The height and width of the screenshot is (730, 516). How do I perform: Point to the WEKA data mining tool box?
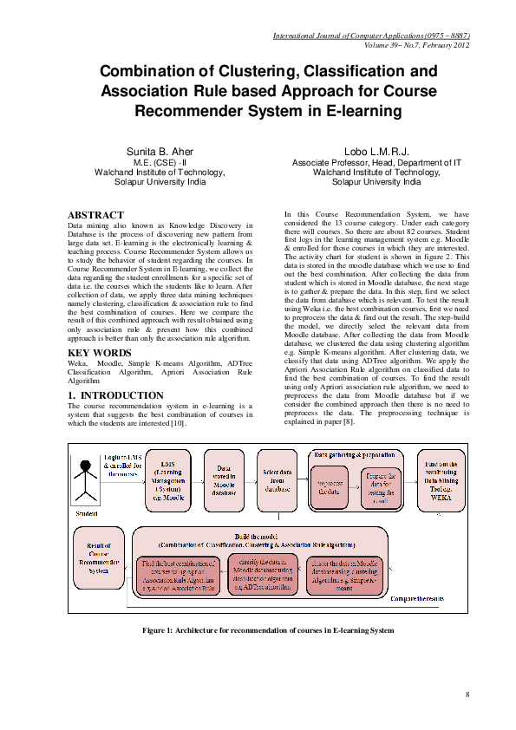(x=442, y=479)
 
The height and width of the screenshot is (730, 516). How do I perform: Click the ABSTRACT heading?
(x=95, y=215)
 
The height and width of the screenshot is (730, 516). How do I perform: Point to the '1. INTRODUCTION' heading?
(x=115, y=395)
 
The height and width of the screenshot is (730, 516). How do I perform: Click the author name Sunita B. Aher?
(x=160, y=152)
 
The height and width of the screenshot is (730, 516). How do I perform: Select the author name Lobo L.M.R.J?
(x=376, y=152)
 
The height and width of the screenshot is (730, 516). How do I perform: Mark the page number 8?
(x=467, y=694)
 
